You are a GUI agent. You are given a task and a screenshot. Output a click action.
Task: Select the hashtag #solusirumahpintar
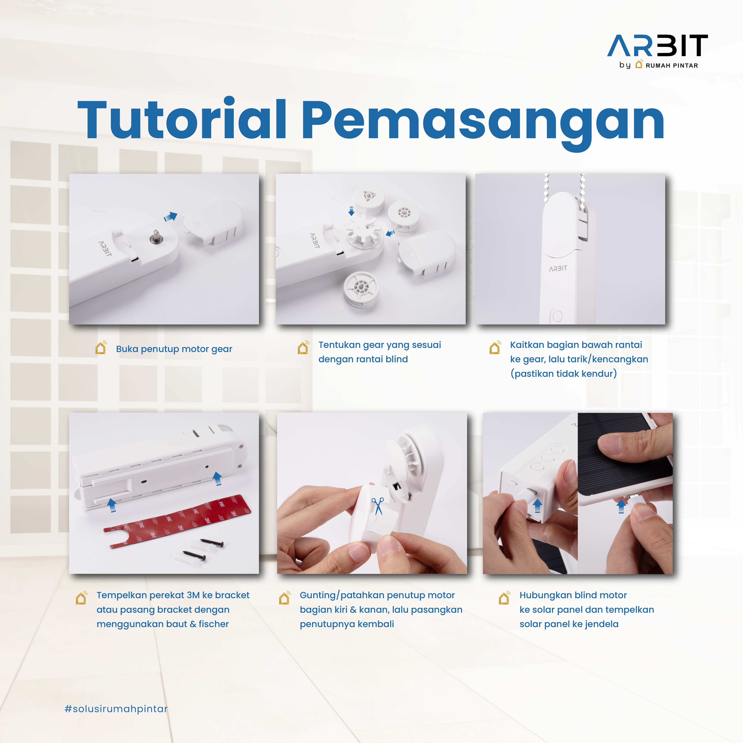(x=116, y=709)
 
